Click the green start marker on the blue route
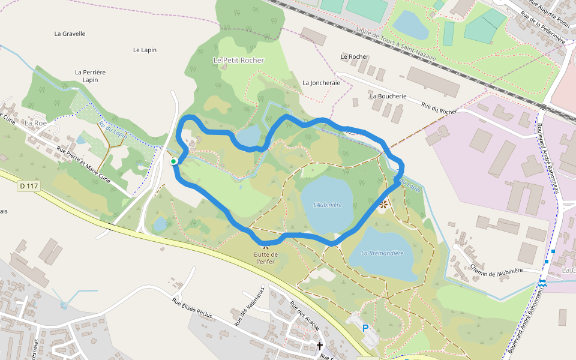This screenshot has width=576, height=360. click(173, 161)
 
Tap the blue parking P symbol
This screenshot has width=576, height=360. click(365, 328)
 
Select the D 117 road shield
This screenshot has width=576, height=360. click(29, 186)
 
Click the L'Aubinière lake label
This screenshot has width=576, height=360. click(328, 205)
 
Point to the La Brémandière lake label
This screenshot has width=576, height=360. click(382, 253)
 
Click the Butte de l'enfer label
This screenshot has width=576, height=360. click(265, 258)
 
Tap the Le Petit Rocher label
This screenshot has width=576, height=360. click(238, 60)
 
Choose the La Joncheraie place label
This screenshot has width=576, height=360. click(321, 83)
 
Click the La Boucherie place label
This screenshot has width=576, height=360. click(388, 96)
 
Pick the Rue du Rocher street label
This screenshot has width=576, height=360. click(439, 107)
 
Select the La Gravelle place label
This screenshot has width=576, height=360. click(70, 34)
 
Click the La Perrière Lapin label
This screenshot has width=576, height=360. click(90, 76)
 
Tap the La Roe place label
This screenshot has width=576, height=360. click(35, 122)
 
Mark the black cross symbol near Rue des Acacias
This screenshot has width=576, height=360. click(320, 346)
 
